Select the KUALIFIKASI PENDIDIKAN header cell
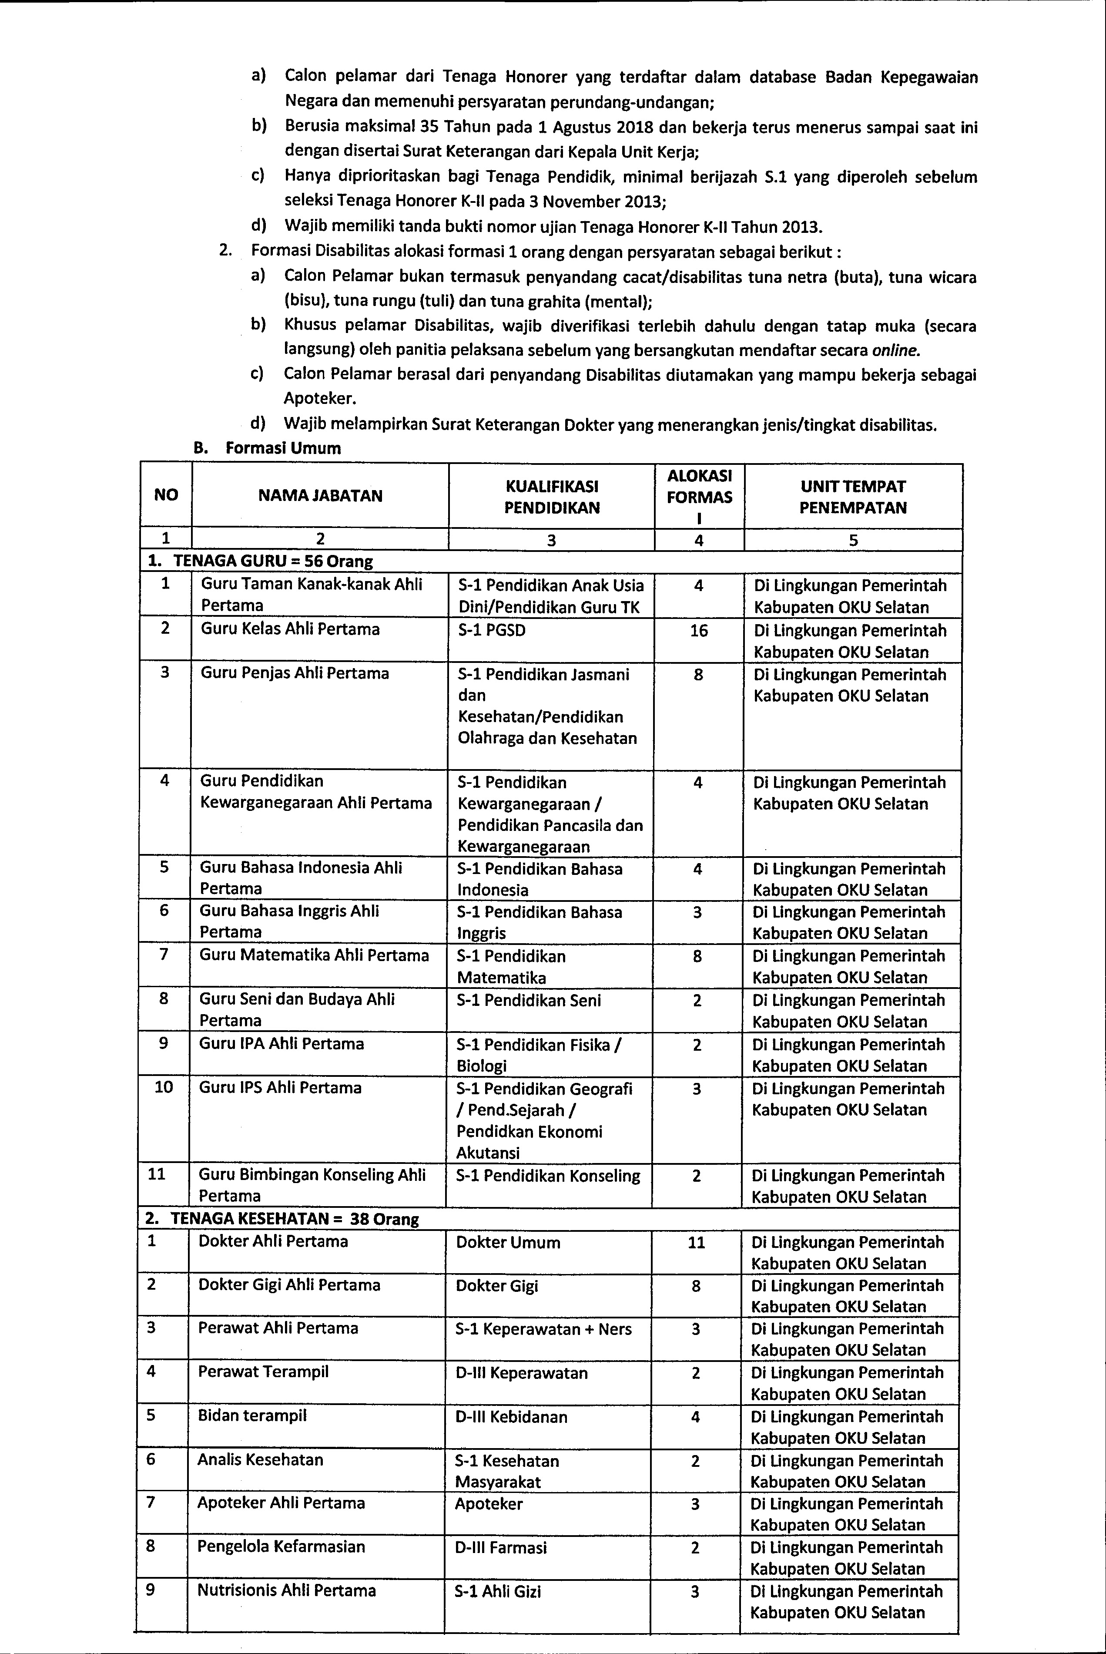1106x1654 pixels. (552, 497)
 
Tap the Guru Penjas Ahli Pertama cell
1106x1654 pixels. (295, 673)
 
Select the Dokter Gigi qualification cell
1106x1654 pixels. (496, 1286)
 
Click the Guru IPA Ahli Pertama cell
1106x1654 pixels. (282, 1044)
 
